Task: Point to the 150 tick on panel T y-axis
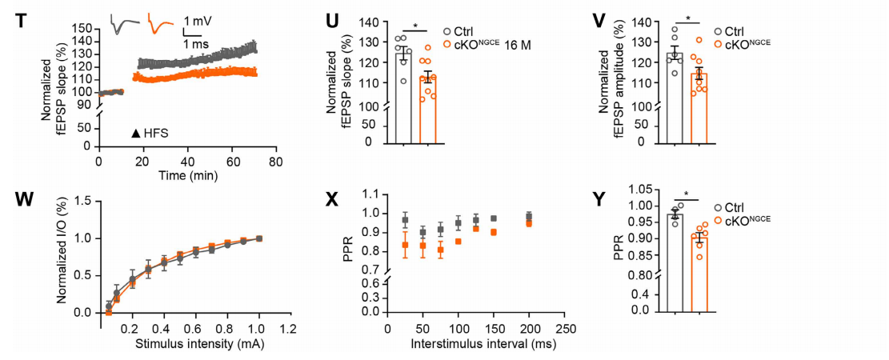tap(82, 29)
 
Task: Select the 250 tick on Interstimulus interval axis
tap(566, 327)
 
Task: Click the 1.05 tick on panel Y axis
tap(643, 190)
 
